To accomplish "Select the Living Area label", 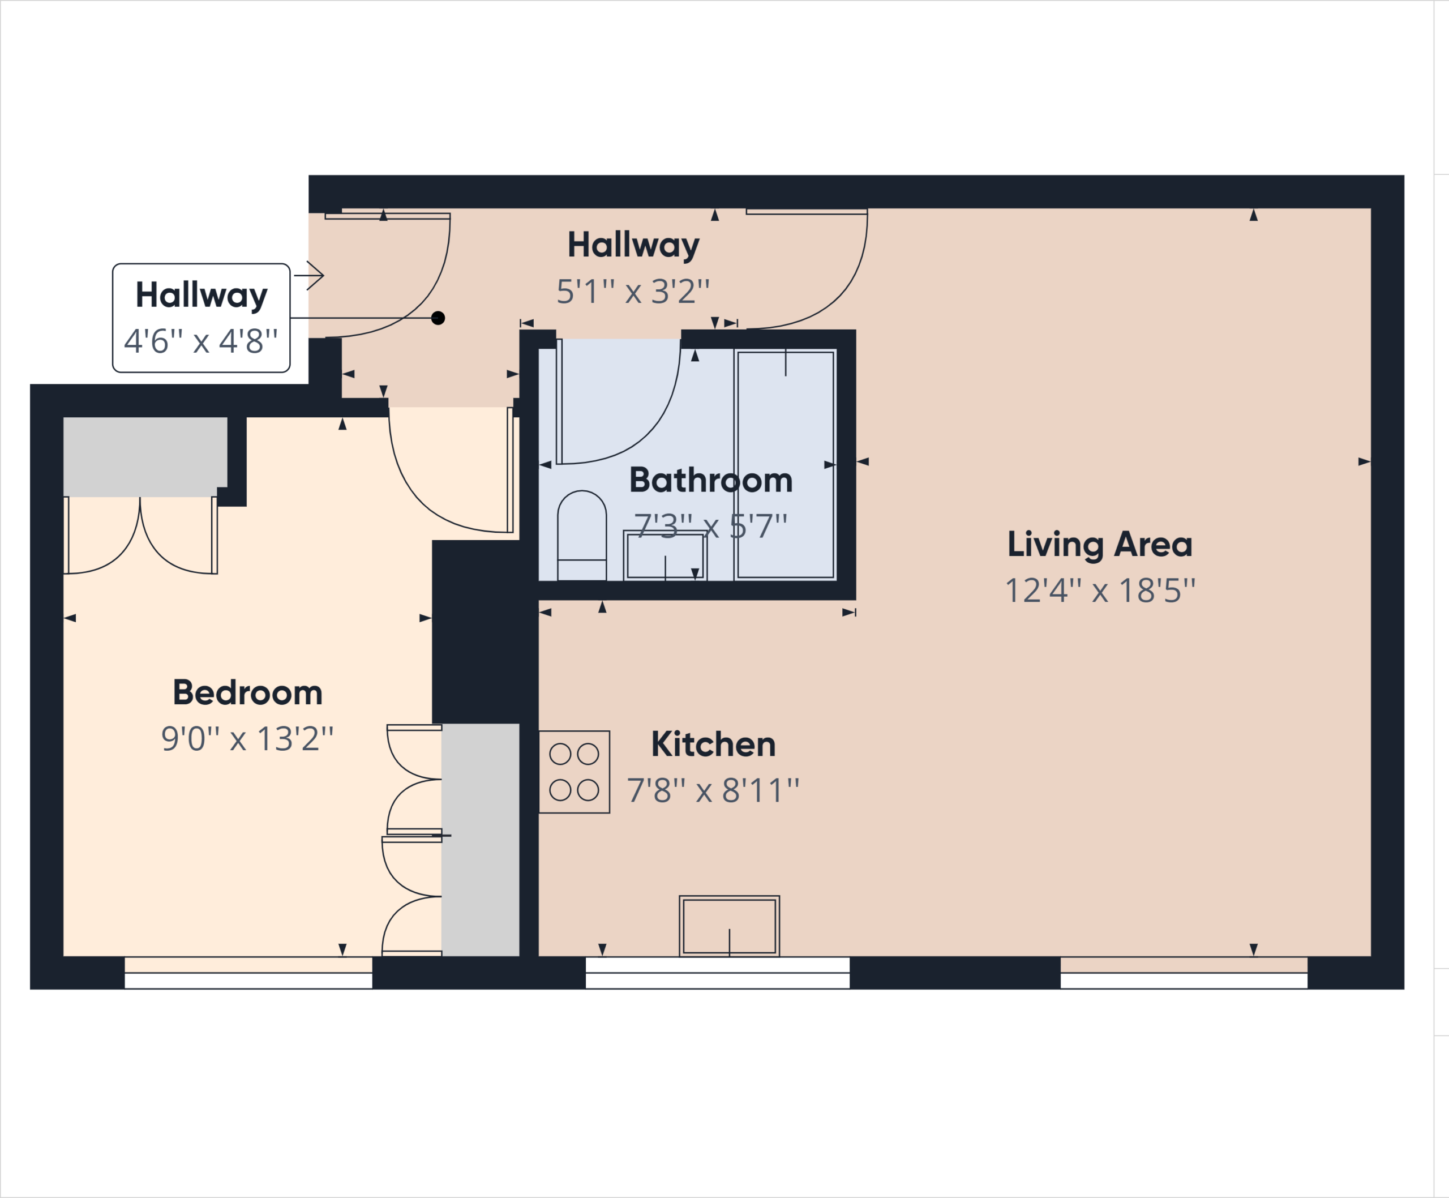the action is coord(1100,545).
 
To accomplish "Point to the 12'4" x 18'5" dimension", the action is coord(1100,591).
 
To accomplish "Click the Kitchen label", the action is coord(713,745).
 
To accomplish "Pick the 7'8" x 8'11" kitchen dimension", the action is coord(713,791).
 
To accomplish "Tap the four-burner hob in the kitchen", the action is coord(574,772).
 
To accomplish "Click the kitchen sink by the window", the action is coord(730,926).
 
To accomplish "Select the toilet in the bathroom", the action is coord(582,536).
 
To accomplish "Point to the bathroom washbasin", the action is coord(665,555).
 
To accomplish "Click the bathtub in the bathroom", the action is coord(786,464).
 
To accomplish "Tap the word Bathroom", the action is coord(711,480).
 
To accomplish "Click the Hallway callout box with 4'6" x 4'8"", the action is coord(202,318).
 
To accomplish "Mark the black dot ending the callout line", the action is coord(438,318).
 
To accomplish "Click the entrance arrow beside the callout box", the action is coord(309,275).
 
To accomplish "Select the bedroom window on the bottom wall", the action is coord(248,973).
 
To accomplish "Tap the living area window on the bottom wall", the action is coord(1184,973).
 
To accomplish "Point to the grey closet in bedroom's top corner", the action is coord(145,457).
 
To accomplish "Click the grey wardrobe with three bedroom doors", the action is coord(480,840).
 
